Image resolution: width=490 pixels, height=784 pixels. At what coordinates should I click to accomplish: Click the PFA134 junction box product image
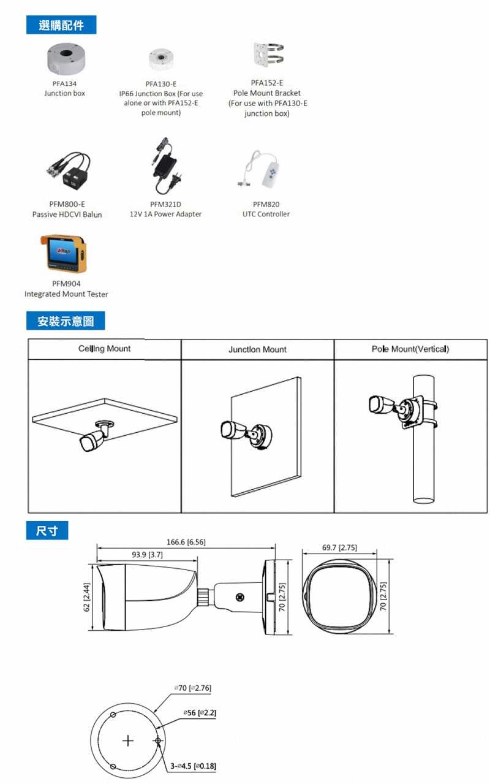point(66,59)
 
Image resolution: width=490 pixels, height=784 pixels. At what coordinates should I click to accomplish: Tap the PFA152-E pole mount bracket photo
point(268,55)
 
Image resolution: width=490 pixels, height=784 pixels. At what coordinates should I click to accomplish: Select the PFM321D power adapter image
point(166,166)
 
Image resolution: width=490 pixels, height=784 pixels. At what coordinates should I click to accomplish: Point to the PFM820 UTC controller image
point(263,170)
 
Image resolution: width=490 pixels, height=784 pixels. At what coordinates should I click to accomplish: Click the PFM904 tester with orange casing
point(64,253)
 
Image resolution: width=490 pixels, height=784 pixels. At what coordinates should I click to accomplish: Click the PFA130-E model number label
point(161,84)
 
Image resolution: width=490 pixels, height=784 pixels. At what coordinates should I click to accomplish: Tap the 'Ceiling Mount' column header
point(104,349)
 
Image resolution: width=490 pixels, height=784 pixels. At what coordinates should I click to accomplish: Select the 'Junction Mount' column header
point(257,349)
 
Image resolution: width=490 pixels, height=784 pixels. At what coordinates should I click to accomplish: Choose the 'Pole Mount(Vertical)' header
point(410,349)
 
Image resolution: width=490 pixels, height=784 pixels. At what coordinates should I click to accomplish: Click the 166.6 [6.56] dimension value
point(186,542)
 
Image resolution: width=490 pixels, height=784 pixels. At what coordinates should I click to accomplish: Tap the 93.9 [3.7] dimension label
point(147,555)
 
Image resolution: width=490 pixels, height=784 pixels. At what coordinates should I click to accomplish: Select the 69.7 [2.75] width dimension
point(339,548)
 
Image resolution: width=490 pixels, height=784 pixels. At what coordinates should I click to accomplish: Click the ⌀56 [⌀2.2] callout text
point(200,713)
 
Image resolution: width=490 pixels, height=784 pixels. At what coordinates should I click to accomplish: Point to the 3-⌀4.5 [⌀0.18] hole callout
point(193,766)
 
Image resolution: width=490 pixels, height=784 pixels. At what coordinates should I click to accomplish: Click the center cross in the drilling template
point(128,740)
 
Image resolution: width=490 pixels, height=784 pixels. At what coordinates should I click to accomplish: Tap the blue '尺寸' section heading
point(47,531)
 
